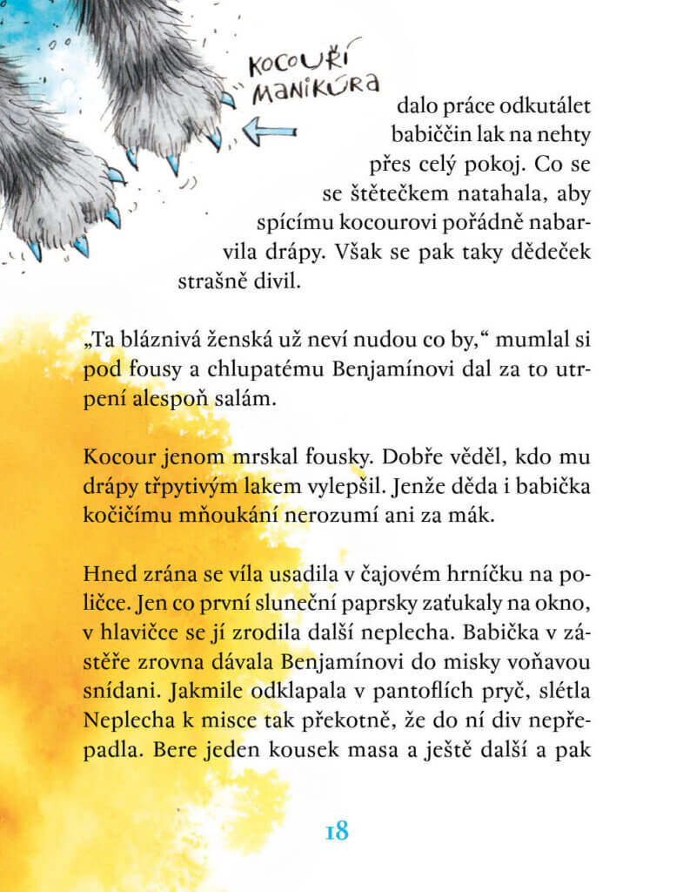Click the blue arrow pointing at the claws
[x=270, y=133]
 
